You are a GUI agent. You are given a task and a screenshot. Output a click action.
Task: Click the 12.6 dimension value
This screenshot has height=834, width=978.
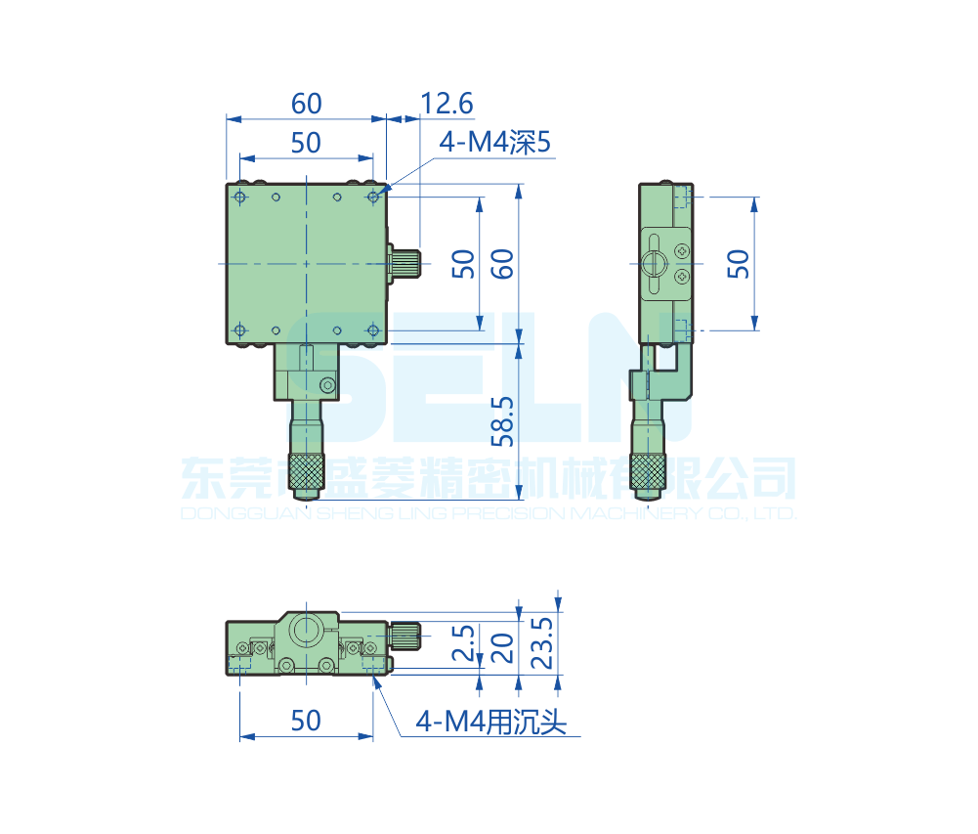point(446,103)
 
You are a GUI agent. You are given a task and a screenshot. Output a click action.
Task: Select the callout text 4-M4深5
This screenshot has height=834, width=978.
point(495,144)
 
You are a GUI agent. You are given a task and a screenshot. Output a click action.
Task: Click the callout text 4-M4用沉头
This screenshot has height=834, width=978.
point(490,723)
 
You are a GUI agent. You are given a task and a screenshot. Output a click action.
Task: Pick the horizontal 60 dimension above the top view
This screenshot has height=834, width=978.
point(306,103)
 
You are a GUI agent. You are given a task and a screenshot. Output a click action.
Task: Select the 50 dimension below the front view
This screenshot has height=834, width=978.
point(306,721)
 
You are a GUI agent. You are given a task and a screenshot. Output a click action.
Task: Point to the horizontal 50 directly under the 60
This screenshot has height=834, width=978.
point(306,143)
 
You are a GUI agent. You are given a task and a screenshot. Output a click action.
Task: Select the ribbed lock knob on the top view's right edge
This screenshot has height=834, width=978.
point(404,264)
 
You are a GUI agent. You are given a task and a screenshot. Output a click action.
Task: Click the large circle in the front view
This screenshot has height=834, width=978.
point(307,630)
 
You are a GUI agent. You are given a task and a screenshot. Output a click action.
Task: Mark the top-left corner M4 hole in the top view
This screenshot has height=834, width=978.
point(240,198)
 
